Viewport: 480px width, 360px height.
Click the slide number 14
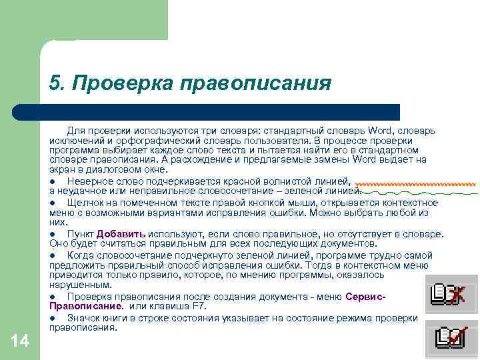(x=21, y=342)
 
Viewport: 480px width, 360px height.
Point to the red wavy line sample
(x=415, y=183)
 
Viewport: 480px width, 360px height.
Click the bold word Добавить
(x=121, y=234)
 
